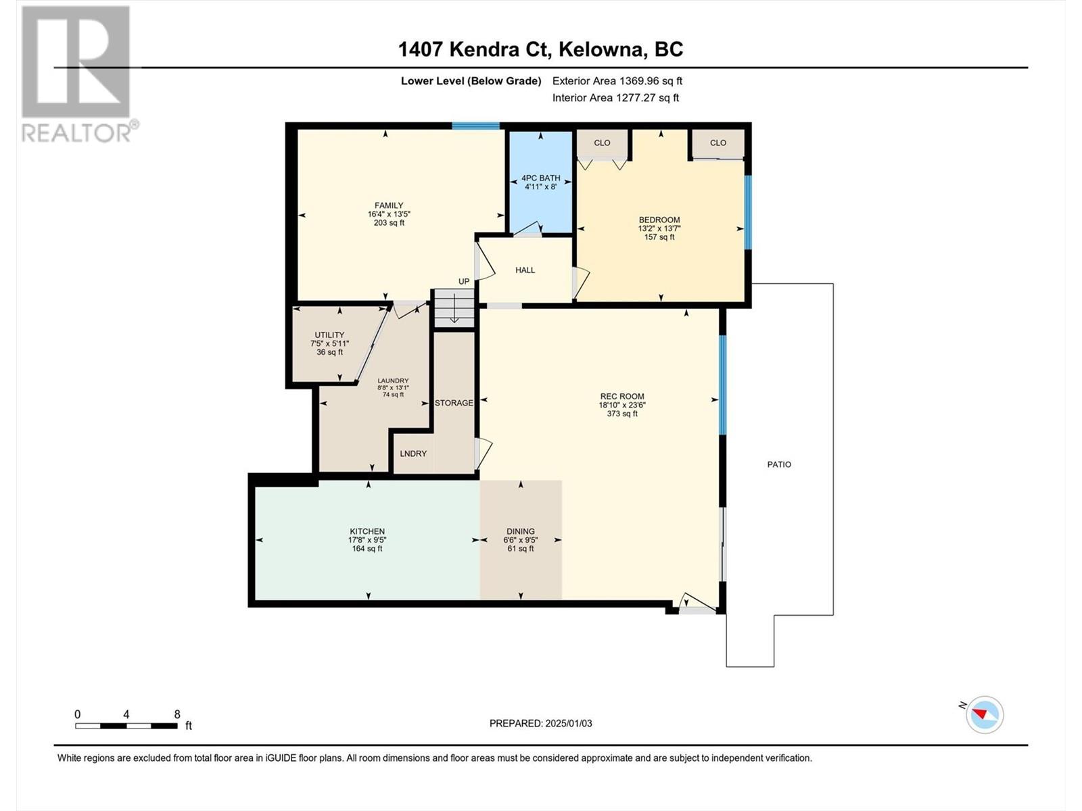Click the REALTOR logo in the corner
pyautogui.click(x=79, y=74)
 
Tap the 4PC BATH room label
pyautogui.click(x=541, y=178)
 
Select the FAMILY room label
pyautogui.click(x=389, y=205)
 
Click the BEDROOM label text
pyautogui.click(x=659, y=220)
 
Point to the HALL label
pyautogui.click(x=525, y=270)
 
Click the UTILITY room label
pyautogui.click(x=329, y=335)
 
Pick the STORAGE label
pyautogui.click(x=454, y=403)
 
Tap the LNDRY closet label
pyautogui.click(x=413, y=453)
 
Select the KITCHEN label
pyautogui.click(x=367, y=531)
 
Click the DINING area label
pyautogui.click(x=521, y=531)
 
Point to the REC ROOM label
pyautogui.click(x=622, y=397)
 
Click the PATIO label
pyautogui.click(x=779, y=464)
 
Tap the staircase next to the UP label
pyautogui.click(x=454, y=308)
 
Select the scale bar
pyautogui.click(x=126, y=726)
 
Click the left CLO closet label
pyautogui.click(x=602, y=143)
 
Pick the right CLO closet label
pyautogui.click(x=718, y=143)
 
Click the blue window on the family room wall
pyautogui.click(x=476, y=126)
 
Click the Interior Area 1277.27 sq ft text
pyautogui.click(x=615, y=97)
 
